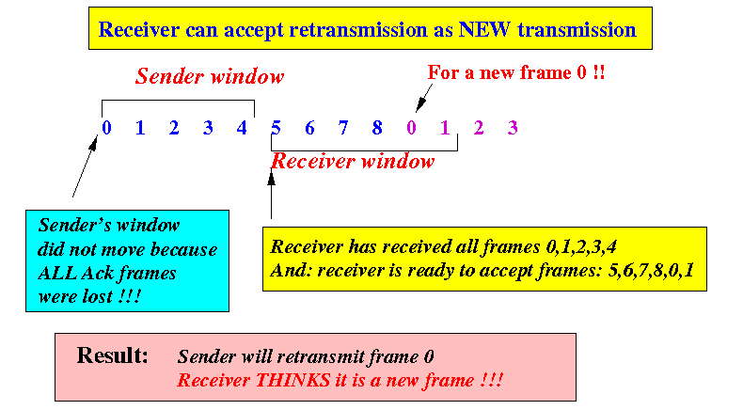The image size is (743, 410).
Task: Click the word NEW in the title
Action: [483, 29]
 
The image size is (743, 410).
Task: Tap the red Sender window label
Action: [210, 76]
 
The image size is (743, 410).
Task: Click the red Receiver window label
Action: [353, 161]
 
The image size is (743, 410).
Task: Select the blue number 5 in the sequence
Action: [276, 128]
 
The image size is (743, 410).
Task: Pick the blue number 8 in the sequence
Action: [377, 128]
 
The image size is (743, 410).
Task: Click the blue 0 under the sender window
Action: [106, 128]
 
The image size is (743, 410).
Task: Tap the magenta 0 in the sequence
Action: [411, 128]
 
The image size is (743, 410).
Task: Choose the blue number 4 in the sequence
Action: [242, 128]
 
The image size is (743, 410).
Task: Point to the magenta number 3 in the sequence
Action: [513, 128]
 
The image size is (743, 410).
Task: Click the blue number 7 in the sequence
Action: [343, 128]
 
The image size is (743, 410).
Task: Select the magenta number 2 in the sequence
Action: [479, 128]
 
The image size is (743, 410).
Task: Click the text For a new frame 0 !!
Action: [516, 72]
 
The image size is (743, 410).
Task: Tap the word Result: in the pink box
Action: [112, 355]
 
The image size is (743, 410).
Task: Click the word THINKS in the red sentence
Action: [292, 380]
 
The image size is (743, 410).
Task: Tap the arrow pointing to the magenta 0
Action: [424, 98]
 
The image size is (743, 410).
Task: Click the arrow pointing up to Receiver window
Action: [272, 195]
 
